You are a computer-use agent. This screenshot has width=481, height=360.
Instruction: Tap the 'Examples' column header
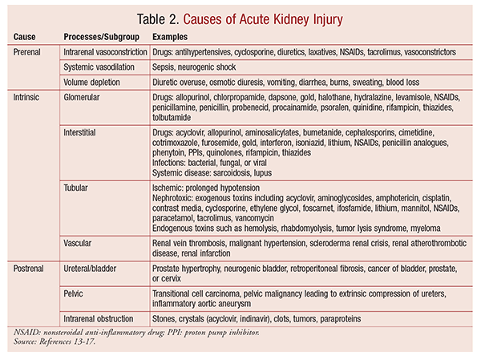[172, 38]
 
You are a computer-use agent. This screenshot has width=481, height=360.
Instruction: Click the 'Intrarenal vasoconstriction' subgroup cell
[105, 52]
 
